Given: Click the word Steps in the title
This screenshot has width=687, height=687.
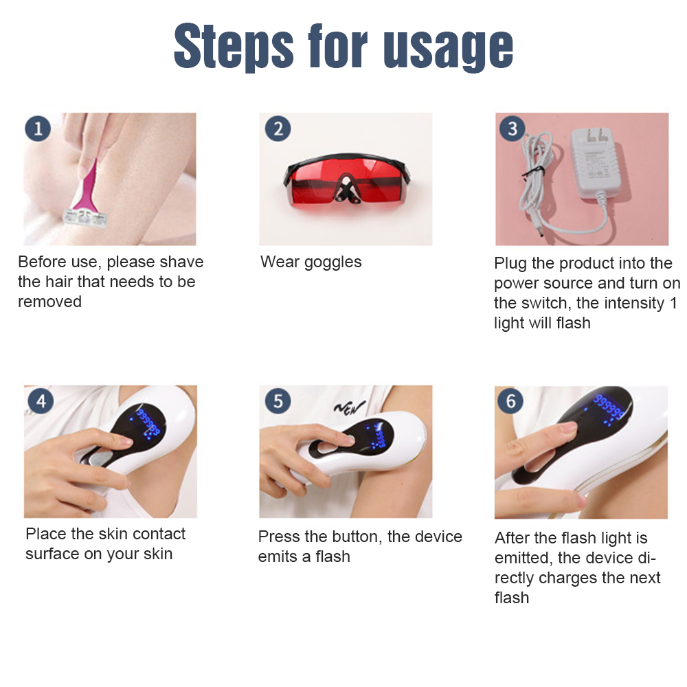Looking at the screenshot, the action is (234, 47).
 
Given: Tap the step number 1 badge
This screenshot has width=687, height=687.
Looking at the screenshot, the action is (38, 128).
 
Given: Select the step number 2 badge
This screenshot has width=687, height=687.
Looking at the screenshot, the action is (278, 128).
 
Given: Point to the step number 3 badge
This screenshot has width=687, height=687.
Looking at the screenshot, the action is (513, 128).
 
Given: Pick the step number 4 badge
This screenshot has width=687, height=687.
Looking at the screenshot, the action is (41, 401).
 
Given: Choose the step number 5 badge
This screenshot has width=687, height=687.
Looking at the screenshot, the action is (278, 401).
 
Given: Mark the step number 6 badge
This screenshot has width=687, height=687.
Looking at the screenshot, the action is (511, 401).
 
